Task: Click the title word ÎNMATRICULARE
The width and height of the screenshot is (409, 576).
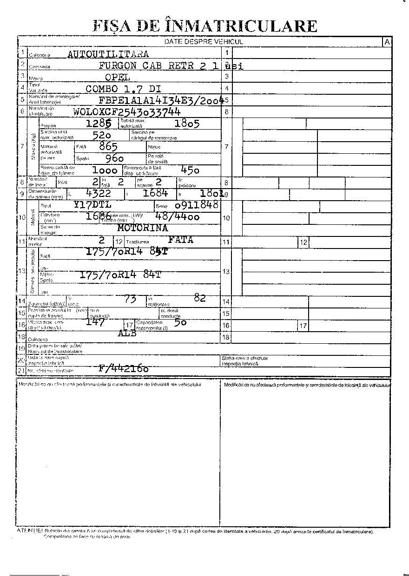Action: click(x=241, y=26)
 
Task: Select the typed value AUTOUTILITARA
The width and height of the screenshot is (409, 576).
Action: click(x=108, y=54)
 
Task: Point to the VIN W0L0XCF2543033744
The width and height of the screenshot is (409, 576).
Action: click(x=127, y=111)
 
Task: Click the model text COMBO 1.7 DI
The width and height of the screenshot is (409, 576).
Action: click(x=123, y=88)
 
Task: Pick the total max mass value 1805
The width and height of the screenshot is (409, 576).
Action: click(x=187, y=124)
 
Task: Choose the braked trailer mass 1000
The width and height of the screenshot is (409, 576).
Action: click(x=105, y=170)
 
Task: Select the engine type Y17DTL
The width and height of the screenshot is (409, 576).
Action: click(x=92, y=205)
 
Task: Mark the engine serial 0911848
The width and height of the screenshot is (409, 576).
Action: click(x=196, y=205)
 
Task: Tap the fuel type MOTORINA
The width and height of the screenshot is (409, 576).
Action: click(x=142, y=228)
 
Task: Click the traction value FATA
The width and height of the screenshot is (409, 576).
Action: click(x=180, y=240)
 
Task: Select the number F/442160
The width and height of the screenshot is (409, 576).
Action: click(x=123, y=369)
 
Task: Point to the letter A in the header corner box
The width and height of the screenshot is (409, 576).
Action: click(x=387, y=42)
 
